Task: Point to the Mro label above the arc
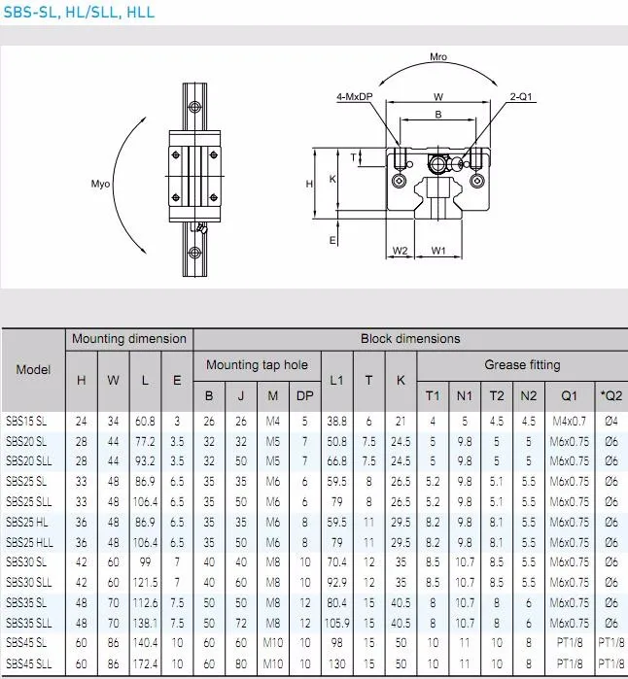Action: [x=438, y=57]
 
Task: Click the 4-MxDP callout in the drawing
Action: [x=354, y=96]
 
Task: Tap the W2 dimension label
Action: [x=400, y=251]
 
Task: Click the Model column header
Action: [x=33, y=370]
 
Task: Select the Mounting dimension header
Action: [x=127, y=339]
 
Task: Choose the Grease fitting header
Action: [x=522, y=365]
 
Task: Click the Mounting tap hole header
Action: [x=257, y=365]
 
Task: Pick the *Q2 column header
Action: [x=611, y=395]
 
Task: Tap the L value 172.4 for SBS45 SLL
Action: [x=145, y=662]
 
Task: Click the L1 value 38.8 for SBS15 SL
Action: [x=336, y=421]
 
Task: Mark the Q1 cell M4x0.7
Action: [x=569, y=421]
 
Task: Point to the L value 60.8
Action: [x=145, y=421]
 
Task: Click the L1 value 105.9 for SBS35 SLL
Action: [x=336, y=623]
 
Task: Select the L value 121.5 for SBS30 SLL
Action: [x=145, y=582]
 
